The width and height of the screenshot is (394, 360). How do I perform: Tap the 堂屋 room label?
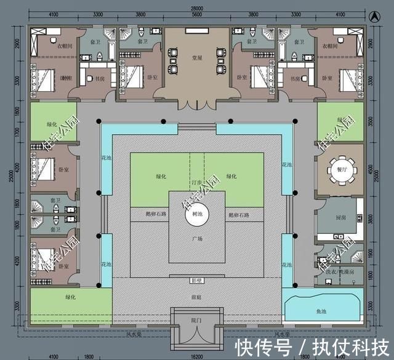click(197, 58)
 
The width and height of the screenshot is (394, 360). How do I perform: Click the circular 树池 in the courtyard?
click(197, 214)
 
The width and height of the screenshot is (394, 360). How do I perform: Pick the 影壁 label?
click(197, 281)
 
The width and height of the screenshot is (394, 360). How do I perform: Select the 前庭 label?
click(197, 295)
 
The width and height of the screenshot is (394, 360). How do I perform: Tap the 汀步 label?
click(196, 183)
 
